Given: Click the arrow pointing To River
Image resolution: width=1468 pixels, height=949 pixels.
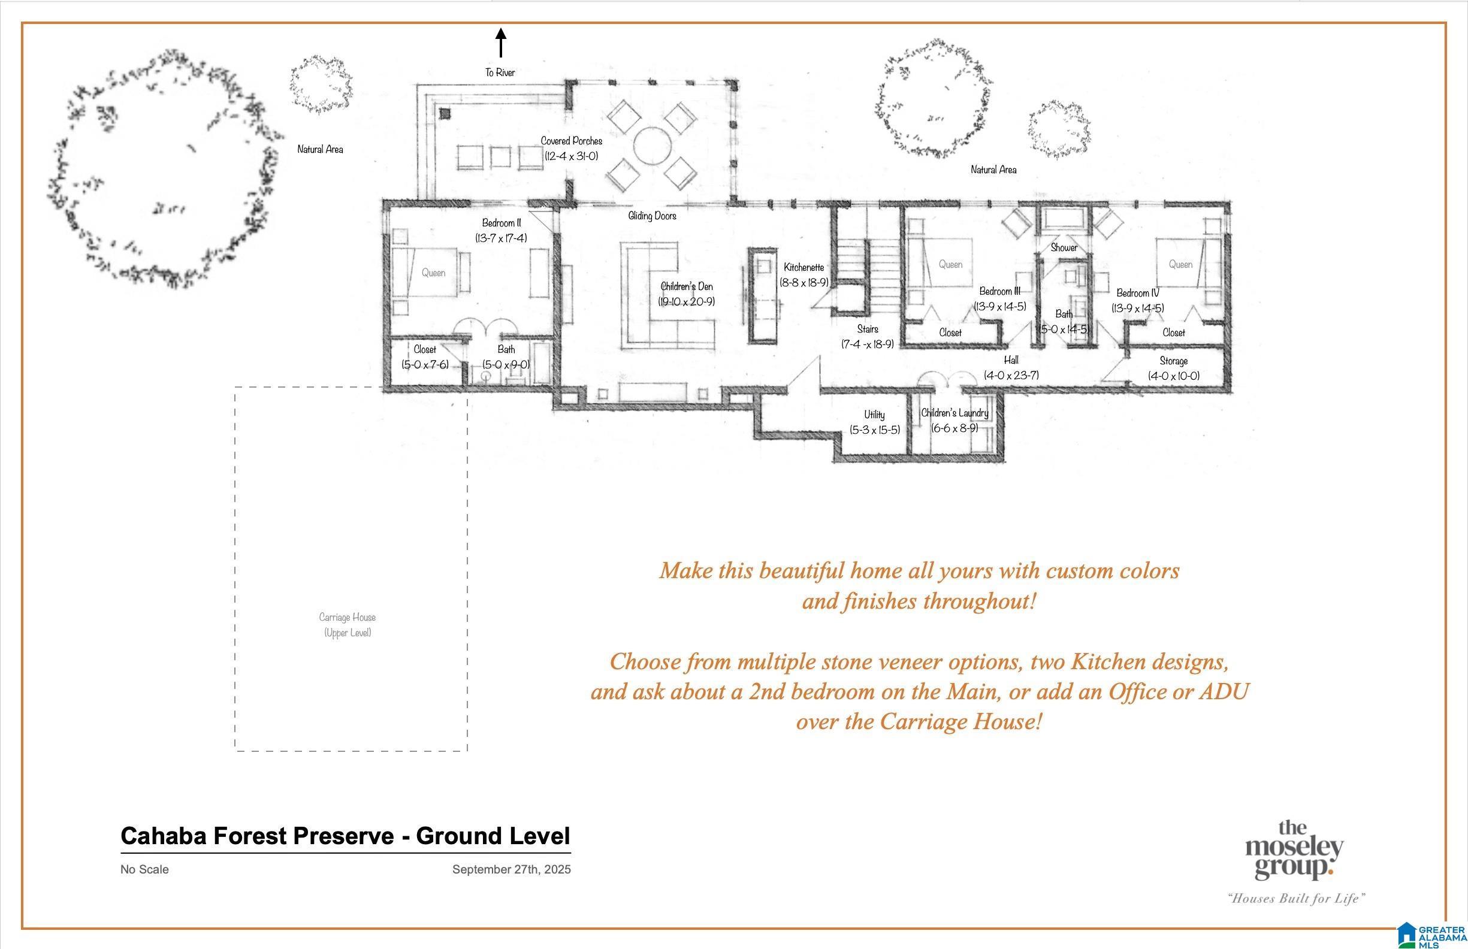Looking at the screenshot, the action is coord(501,43).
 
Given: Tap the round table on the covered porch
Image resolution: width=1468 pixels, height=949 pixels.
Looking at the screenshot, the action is coord(652,146).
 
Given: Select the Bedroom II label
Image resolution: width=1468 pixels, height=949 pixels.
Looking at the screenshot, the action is coord(501,222).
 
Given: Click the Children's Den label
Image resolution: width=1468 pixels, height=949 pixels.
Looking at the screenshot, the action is coord(687,286).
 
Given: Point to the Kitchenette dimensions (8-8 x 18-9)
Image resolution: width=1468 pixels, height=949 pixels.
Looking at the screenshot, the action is coord(804,282).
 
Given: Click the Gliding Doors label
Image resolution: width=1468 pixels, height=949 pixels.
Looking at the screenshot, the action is coord(652,216).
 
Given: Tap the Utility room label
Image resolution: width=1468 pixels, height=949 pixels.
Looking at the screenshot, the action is coord(874,415).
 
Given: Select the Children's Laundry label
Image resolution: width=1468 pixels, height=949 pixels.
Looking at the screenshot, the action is coord(954,413).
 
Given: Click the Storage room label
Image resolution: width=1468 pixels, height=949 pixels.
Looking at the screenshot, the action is coord(1173,361).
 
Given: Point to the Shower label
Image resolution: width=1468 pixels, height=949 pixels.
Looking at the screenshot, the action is coord(1064,247).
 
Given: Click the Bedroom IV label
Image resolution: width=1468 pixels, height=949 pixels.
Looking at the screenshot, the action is coord(1138,294).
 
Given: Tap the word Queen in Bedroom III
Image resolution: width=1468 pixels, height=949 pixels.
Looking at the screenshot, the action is coord(950,264).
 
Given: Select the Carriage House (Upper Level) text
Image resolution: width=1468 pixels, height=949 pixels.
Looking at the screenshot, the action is coord(348,625).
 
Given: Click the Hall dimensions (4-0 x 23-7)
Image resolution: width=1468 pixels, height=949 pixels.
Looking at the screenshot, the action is coord(1011,375).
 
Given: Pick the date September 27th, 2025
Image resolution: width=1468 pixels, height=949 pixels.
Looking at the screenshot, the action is coord(512,869).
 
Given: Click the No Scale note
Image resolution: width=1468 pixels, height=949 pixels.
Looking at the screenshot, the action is coord(145,869).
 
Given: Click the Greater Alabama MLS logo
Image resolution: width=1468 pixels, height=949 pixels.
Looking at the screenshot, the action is coord(1431,935).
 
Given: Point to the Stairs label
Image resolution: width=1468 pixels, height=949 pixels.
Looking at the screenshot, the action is coord(868,329).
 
